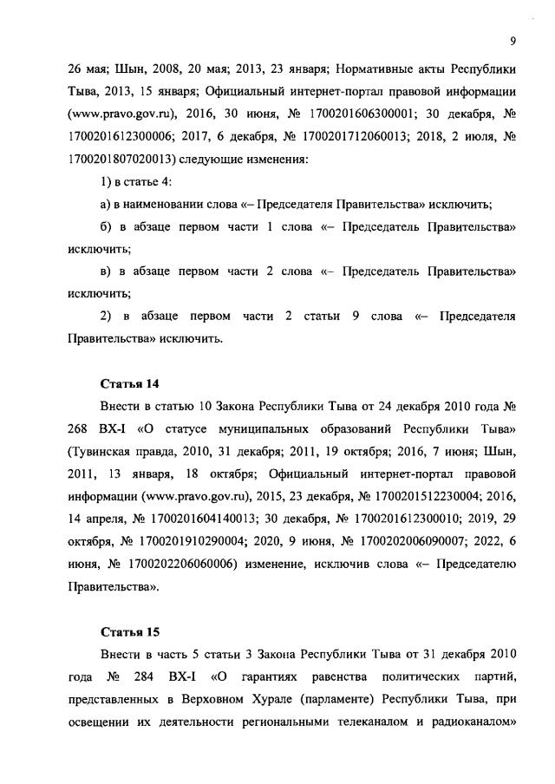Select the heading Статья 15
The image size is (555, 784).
pyautogui.click(x=128, y=632)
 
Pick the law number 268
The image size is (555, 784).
pyautogui.click(x=81, y=429)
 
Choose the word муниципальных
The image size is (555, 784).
pyautogui.click(x=261, y=429)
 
